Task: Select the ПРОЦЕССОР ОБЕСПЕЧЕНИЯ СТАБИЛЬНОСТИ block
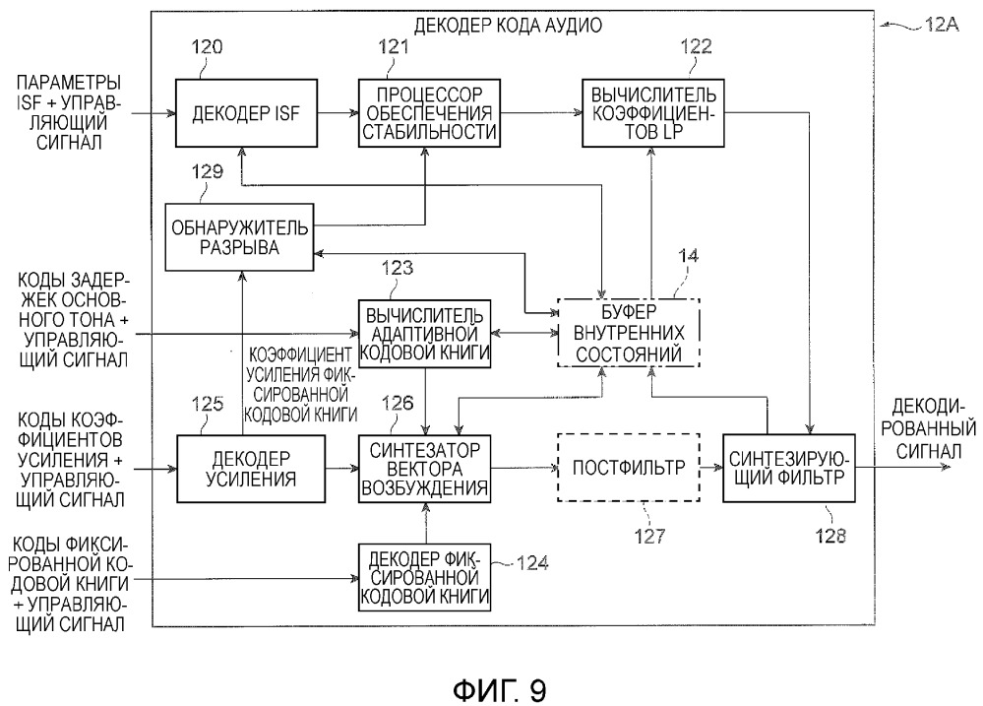[x=428, y=113]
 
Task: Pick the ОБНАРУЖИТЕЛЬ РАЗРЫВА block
[x=239, y=237]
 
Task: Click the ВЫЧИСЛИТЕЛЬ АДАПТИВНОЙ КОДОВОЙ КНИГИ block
[x=426, y=331]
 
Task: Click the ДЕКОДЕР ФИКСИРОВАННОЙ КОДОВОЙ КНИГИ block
[x=426, y=576]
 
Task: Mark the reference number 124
[x=531, y=562]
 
